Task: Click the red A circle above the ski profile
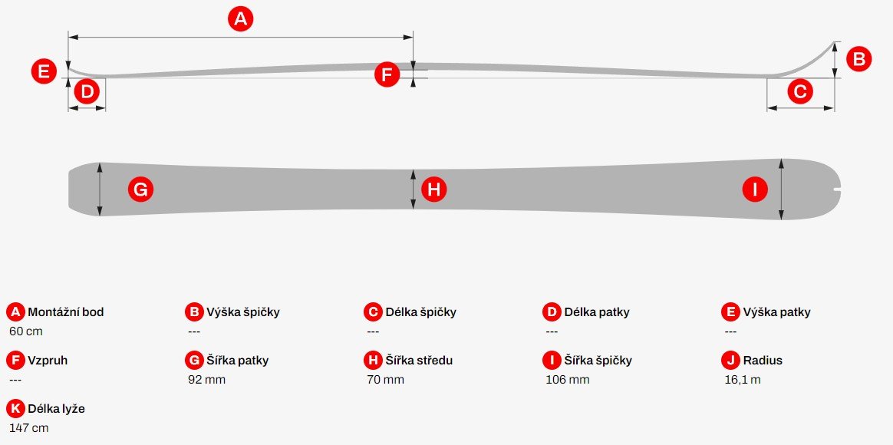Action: [240, 19]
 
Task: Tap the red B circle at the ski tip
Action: [858, 58]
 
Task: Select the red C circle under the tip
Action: [799, 91]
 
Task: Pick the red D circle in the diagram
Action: [87, 91]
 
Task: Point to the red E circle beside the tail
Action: [44, 72]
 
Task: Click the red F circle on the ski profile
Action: [387, 74]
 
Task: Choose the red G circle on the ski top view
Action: [140, 189]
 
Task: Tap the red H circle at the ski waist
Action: [434, 189]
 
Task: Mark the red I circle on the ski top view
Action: [755, 189]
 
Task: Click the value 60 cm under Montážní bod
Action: [26, 331]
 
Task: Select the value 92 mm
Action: [206, 380]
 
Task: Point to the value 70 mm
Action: [386, 380]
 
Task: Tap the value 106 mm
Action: [567, 380]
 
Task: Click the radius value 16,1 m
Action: [743, 380]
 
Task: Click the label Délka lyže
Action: [56, 408]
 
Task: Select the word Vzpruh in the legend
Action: [48, 361]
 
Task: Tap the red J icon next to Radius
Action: [730, 360]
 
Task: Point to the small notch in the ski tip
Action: [837, 190]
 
